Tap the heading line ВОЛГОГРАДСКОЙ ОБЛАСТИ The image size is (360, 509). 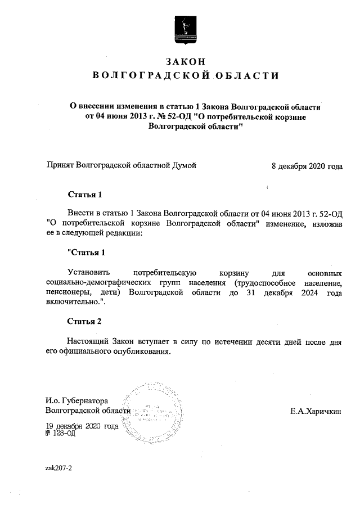pos(185,76)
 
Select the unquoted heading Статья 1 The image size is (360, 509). pos(85,196)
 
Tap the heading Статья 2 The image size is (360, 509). pos(85,322)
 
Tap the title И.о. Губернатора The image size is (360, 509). pos(76,401)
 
